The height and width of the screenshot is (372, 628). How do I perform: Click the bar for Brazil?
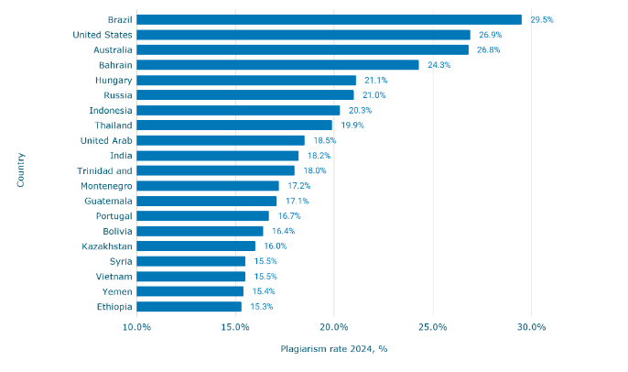click(329, 19)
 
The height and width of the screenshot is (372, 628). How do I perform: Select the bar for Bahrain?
click(277, 65)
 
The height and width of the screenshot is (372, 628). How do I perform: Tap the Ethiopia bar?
click(189, 307)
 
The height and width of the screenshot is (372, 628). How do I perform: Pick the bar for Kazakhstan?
click(196, 246)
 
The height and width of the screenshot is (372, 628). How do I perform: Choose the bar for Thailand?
click(234, 126)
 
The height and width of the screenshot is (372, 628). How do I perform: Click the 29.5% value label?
click(542, 19)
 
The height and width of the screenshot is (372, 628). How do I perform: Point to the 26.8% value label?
click(488, 49)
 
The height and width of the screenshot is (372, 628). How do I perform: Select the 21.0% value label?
click(374, 95)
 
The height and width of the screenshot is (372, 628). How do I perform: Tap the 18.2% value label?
click(319, 156)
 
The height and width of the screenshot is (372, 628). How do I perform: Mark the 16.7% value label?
click(289, 216)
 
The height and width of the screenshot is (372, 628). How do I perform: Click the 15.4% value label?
click(264, 291)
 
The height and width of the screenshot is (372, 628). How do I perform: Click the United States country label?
click(103, 35)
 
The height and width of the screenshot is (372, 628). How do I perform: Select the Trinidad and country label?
click(104, 170)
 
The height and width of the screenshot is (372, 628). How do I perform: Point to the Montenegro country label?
click(106, 186)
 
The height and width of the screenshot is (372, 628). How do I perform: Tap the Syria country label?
click(121, 261)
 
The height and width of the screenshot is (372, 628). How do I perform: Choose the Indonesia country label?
click(111, 110)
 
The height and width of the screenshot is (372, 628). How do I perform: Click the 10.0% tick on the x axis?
click(136, 327)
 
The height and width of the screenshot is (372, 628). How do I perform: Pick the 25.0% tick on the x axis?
click(432, 327)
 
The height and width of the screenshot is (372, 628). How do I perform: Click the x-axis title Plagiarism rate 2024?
click(333, 349)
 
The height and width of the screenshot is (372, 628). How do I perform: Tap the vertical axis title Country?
click(20, 170)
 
